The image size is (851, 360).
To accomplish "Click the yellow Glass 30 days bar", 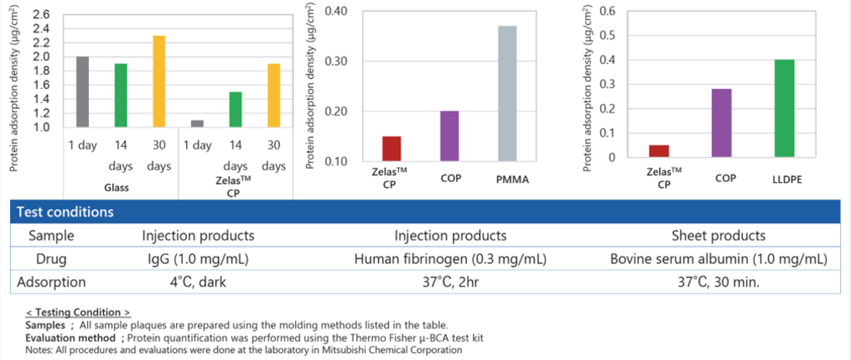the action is (159, 81).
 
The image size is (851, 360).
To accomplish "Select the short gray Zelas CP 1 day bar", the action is (197, 124).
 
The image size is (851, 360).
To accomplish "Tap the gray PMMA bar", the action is (507, 93).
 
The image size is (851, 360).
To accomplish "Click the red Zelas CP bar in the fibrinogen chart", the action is (392, 149).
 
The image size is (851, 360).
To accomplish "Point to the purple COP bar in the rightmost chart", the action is (722, 123).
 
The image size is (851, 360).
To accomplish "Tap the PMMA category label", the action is (508, 179).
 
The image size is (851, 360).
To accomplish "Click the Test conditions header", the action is (66, 212).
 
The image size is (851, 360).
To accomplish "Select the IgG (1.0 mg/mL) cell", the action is (194, 259).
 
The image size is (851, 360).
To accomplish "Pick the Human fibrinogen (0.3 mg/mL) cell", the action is (450, 259).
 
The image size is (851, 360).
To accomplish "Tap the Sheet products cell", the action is (720, 235).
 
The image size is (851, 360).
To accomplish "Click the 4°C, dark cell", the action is (194, 283).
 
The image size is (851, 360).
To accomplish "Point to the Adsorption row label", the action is (51, 283).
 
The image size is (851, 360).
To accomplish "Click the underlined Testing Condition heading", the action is (78, 313).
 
